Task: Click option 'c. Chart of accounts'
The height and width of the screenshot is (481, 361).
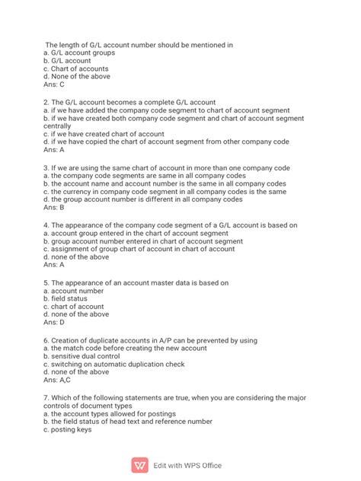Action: [75, 68]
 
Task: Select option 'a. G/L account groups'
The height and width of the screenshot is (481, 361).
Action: [79, 53]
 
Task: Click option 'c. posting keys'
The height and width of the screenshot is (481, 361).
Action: [68, 429]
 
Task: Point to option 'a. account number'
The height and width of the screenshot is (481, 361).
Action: [74, 291]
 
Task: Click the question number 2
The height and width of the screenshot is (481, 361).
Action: [46, 102]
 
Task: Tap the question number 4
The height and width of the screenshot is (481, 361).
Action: [46, 225]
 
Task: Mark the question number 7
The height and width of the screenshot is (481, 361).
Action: [46, 398]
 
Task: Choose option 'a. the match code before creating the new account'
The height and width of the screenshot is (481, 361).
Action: [125, 348]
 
